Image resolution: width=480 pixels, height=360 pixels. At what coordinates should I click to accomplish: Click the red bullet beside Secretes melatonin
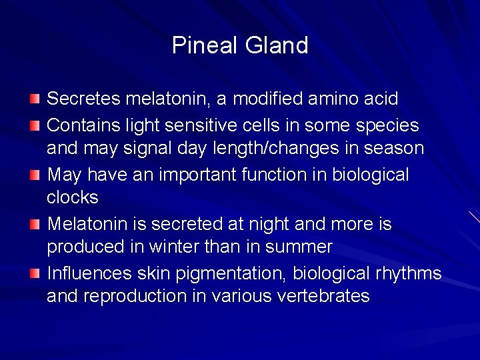coord(35,99)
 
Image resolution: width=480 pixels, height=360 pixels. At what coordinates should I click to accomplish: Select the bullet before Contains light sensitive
coord(35,125)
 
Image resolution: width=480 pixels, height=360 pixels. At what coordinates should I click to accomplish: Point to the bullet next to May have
coord(35,175)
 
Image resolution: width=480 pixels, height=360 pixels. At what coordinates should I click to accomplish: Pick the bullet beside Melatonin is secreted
coord(35,225)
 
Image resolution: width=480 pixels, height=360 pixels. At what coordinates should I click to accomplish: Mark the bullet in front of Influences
coord(35,273)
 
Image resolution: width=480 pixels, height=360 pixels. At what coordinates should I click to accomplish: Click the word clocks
coord(72,197)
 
